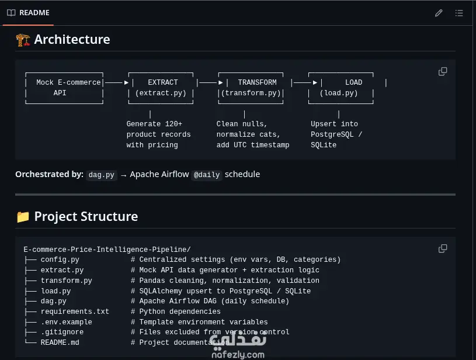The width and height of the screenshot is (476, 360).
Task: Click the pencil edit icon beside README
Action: [439, 13]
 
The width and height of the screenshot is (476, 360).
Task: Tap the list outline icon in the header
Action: [459, 13]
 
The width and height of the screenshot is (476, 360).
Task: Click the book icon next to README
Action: [11, 13]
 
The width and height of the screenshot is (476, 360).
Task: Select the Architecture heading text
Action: [72, 40]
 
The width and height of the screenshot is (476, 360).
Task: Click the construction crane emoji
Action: [23, 40]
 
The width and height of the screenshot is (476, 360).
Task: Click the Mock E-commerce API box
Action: [64, 88]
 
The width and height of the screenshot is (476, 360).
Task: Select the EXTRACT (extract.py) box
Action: [161, 88]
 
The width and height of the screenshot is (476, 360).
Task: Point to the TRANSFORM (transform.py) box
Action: [251, 88]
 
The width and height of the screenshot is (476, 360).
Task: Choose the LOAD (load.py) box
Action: [341, 88]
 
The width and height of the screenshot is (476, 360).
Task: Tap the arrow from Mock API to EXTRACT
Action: [117, 82]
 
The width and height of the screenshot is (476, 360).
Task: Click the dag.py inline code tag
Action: [102, 175]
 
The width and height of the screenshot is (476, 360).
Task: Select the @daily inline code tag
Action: [207, 175]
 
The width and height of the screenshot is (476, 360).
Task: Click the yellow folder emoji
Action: [23, 217]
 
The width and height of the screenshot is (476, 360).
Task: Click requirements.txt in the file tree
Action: [75, 311]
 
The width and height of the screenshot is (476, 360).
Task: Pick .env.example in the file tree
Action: [66, 322]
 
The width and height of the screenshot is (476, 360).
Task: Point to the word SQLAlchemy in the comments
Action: [161, 291]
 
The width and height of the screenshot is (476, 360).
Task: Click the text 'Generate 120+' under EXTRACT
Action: [154, 124]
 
